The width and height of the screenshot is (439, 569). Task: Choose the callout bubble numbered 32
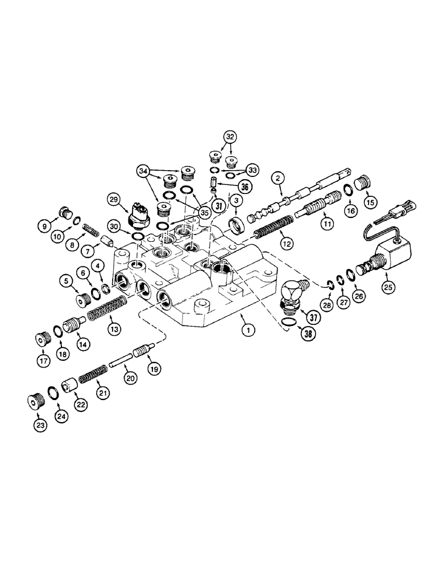(230, 137)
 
